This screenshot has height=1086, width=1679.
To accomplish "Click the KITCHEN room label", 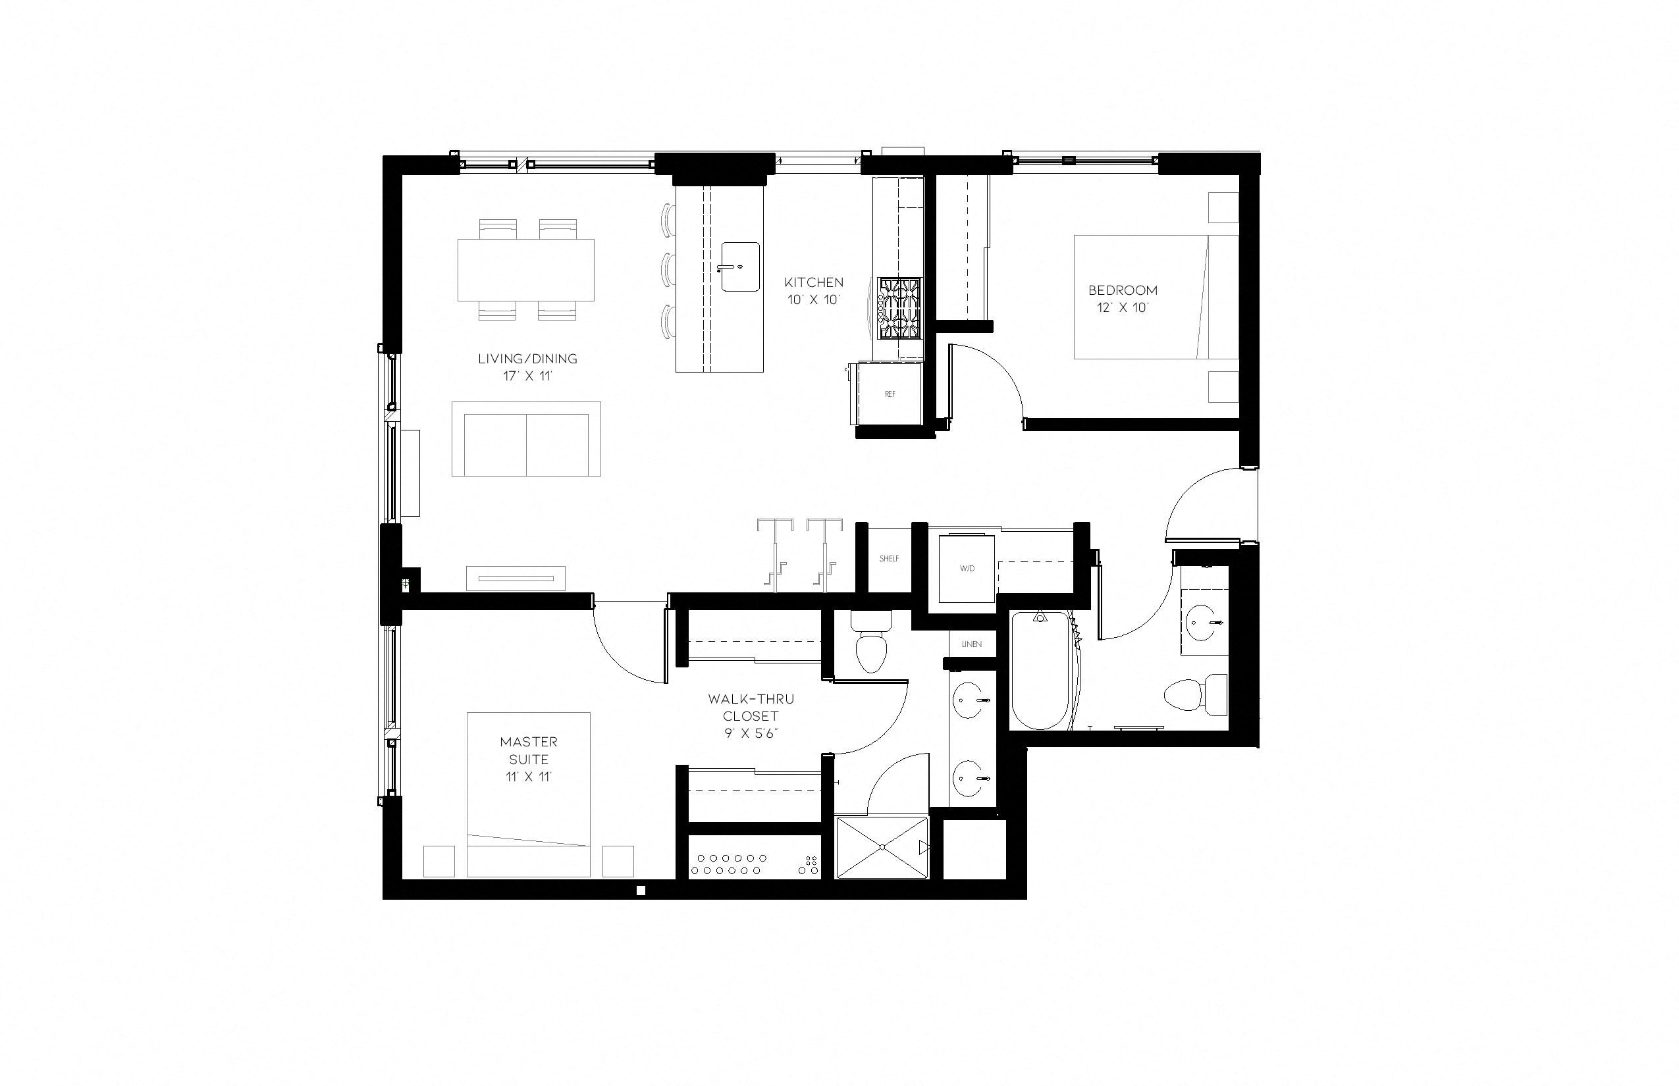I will coord(813,282).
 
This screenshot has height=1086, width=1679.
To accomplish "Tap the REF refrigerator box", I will coord(890,394).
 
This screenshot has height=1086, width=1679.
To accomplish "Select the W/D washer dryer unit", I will coord(967,569).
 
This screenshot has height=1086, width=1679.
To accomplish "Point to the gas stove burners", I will coord(899,308).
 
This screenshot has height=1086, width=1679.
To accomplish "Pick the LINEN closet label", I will coord(971,644).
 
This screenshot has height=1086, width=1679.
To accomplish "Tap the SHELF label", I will coord(889,559).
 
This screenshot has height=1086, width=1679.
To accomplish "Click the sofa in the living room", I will coord(525,440).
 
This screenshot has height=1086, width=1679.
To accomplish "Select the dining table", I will coord(525,269).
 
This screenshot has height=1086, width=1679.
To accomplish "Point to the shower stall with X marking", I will coord(882,847).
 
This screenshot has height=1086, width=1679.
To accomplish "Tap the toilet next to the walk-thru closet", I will coord(870,646).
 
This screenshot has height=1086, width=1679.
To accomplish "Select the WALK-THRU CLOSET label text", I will coord(751,708).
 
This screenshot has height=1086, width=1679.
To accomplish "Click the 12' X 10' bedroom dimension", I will coord(1123,307).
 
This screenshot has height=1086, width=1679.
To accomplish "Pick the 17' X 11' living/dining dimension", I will coord(527,376).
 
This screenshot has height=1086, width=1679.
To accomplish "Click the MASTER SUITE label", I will coord(528,750).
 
